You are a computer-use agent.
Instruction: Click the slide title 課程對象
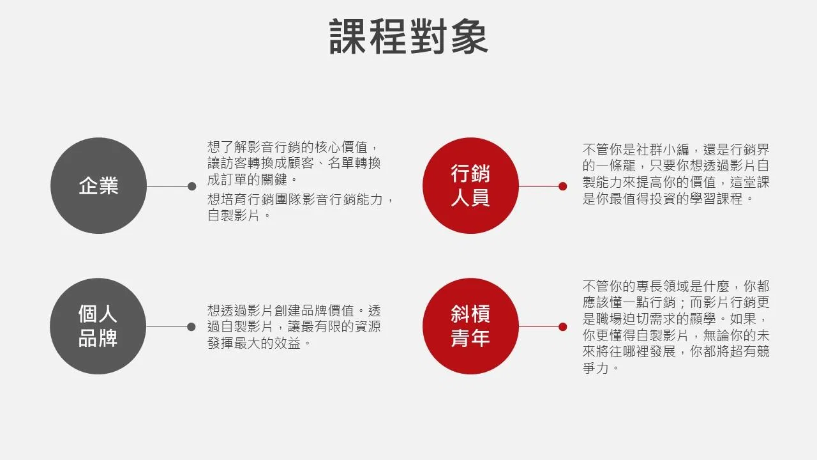click(x=408, y=36)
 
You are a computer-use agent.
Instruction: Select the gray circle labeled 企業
click(x=98, y=185)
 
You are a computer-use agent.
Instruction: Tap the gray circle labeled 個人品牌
click(x=98, y=326)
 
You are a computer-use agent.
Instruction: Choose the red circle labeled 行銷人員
click(x=470, y=185)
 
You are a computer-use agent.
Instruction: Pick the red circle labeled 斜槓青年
click(x=470, y=326)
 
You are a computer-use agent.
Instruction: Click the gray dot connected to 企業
click(x=192, y=186)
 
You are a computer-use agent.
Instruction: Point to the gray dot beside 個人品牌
click(x=191, y=326)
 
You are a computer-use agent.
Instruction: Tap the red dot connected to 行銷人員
click(x=563, y=186)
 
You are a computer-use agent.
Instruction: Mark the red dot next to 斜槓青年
click(x=563, y=326)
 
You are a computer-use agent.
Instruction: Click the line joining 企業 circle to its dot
click(x=167, y=186)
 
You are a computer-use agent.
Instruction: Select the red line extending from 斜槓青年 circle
click(x=539, y=326)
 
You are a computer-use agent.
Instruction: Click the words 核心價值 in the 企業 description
click(x=341, y=147)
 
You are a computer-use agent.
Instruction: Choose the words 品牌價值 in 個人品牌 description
click(x=327, y=310)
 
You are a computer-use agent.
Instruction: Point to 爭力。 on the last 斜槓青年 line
click(x=601, y=367)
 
